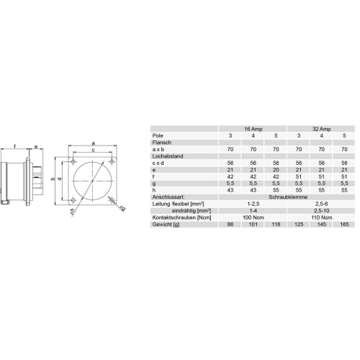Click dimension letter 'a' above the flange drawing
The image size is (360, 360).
pos(94,143)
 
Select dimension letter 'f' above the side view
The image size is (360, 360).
pos(14,147)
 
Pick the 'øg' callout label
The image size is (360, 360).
pos(122,210)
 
